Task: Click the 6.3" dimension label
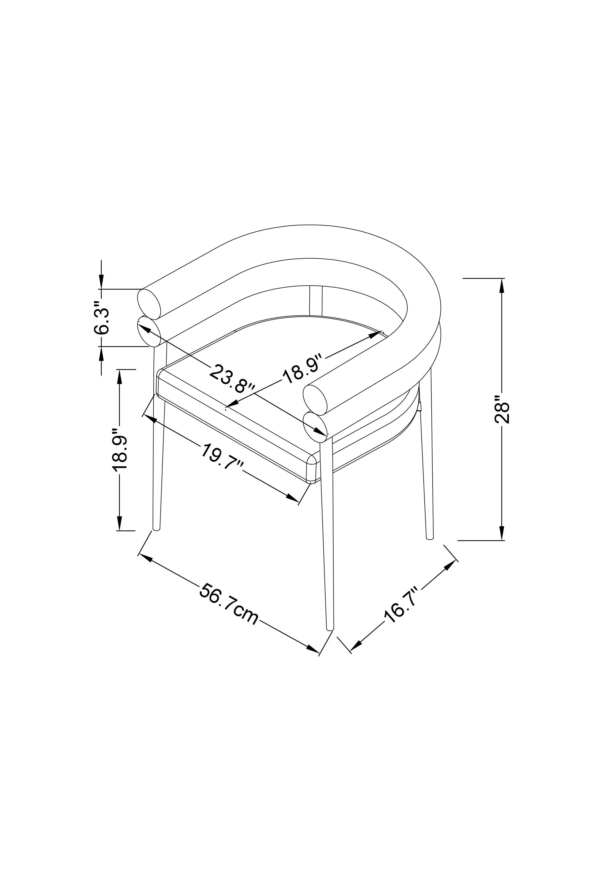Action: tap(102, 318)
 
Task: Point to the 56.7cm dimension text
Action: tap(229, 610)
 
